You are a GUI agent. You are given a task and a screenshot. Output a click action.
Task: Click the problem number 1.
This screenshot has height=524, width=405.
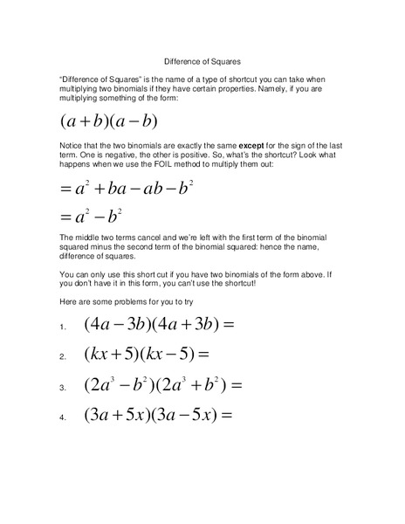pos(64,327)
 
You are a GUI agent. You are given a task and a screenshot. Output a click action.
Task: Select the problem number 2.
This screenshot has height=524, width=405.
pos(64,357)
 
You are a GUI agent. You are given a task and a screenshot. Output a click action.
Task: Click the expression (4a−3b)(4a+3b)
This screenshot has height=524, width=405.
pos(161,325)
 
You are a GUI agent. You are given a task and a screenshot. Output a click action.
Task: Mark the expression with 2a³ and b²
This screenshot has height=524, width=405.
pos(161,384)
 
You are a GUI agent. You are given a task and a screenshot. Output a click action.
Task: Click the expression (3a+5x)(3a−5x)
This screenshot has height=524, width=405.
pos(161,415)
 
